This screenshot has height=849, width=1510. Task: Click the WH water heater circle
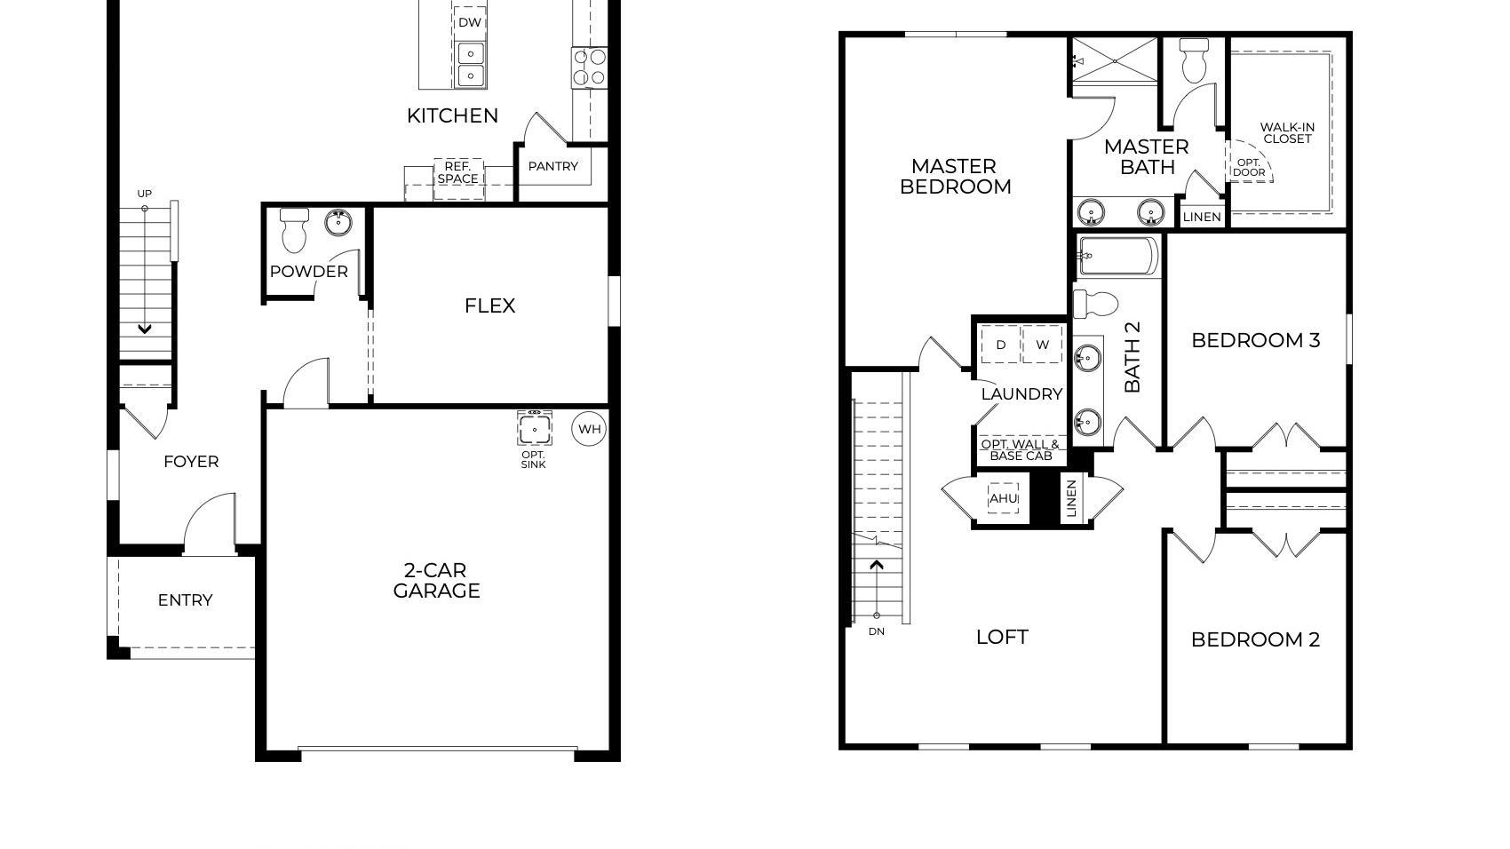pos(589,429)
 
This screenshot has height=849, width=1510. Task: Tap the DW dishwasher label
pos(470,22)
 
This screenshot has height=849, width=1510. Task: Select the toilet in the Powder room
pos(294,229)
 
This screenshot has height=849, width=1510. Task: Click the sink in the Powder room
pos(338,222)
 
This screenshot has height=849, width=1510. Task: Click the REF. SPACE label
pos(457,172)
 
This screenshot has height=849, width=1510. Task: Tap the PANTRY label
pos(552,166)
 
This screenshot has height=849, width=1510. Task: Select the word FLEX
pos(489,305)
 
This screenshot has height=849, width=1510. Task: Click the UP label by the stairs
pos(144,194)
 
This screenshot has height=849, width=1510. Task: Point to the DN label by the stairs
pos(877,631)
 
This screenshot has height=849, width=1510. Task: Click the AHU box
pos(1003,498)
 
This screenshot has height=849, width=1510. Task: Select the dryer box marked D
pos(1000,345)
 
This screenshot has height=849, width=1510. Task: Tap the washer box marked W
pos(1042,345)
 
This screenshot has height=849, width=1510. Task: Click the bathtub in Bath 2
pos(1118,256)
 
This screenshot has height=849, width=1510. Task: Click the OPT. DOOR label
pos(1249,167)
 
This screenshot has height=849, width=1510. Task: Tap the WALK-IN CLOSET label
pos(1288,132)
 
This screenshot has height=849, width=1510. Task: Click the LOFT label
pos(1002,637)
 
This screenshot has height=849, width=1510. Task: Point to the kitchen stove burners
pos(589,67)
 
